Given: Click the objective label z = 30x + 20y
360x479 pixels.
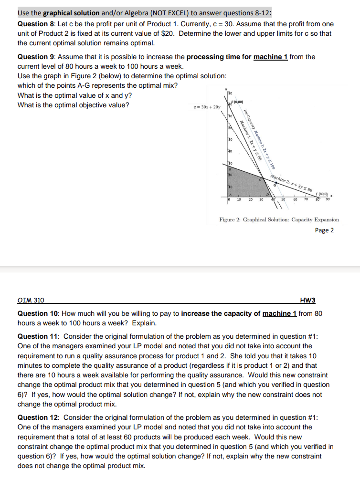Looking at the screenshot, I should pos(203,108).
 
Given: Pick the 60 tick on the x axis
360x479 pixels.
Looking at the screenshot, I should pos(295,199).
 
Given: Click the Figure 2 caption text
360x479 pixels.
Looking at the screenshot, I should pos(279,219).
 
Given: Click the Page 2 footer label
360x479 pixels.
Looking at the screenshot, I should pos(324,230).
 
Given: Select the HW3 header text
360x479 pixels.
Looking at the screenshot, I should pos(307,301).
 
